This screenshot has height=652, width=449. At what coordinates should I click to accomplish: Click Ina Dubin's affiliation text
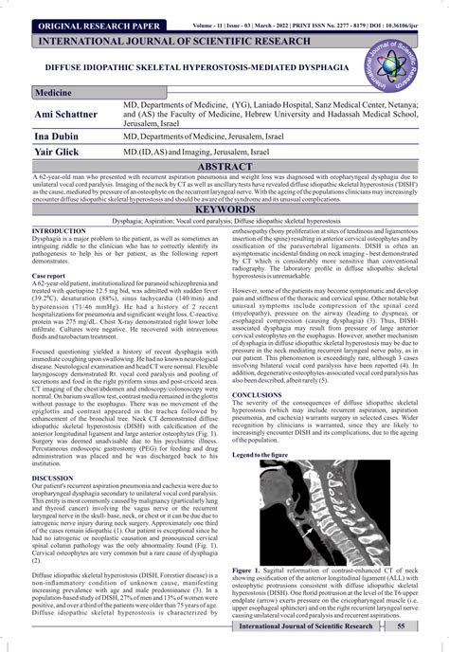pyautogui.click(x=223, y=137)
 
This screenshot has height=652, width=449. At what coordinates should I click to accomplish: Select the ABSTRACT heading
pyautogui.click(x=224, y=165)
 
